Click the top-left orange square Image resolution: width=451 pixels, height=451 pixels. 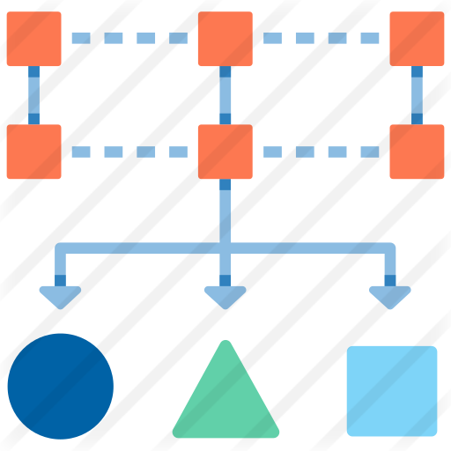coord(34,39)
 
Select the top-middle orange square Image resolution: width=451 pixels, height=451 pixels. coord(225,39)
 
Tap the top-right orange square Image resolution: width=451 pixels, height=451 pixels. coord(417,39)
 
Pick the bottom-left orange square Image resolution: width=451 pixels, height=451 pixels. coord(34,152)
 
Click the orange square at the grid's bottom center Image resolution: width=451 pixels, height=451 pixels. coord(225,152)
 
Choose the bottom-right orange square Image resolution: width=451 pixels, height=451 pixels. coord(417,152)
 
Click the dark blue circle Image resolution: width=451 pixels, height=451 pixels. coord(61,386)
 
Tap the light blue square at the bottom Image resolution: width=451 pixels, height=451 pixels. coord(391,390)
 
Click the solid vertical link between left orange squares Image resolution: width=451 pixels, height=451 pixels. coord(33,95)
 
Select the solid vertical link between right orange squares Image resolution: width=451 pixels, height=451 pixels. coord(417,95)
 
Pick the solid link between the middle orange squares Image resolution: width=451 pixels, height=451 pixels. coord(225,95)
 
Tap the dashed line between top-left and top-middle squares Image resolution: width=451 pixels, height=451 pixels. coord(129,38)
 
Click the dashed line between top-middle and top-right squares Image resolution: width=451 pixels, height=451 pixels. coord(322,38)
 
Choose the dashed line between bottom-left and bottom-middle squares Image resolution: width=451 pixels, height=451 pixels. coord(129,152)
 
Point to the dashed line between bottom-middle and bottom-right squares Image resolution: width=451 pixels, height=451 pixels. coord(322,152)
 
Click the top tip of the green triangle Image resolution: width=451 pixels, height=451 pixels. coord(225,344)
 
